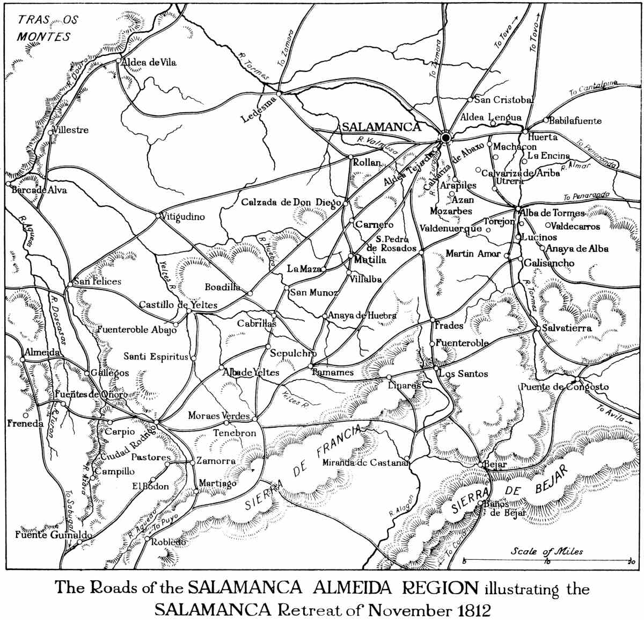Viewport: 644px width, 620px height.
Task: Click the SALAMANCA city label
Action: point(380,127)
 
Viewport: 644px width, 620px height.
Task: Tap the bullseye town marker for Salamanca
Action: point(445,138)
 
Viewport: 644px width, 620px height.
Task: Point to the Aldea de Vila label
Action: point(149,62)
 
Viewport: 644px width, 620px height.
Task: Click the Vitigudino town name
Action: point(183,217)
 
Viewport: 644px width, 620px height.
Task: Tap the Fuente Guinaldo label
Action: point(46,535)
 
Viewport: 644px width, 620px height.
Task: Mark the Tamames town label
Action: point(333,372)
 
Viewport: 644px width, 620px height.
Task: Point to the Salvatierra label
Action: point(567,328)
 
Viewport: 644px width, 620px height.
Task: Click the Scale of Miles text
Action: point(546,551)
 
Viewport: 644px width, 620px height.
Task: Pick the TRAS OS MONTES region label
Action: point(46,28)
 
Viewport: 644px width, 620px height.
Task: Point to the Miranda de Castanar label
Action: point(366,463)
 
